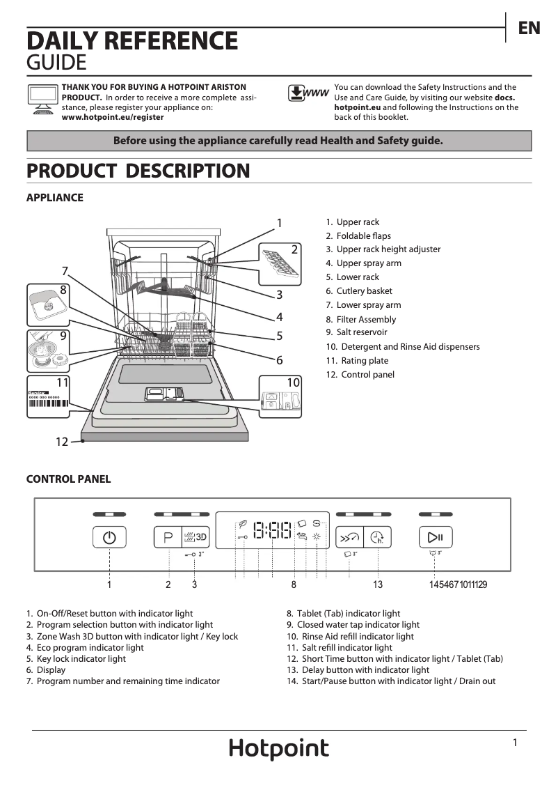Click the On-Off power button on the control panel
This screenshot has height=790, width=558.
tap(109, 537)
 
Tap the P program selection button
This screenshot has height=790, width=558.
tap(168, 537)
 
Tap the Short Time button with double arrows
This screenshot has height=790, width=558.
tap(349, 537)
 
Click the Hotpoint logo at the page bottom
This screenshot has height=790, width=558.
tap(279, 749)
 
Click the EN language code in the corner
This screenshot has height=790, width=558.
tap(529, 28)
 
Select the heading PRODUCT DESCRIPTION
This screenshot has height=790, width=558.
tap(138, 171)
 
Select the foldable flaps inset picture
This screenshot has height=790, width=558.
tap(281, 262)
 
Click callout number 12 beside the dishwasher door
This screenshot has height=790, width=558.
tap(63, 442)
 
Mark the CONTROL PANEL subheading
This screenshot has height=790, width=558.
tap(68, 479)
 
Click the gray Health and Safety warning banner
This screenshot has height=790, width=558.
tap(278, 141)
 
